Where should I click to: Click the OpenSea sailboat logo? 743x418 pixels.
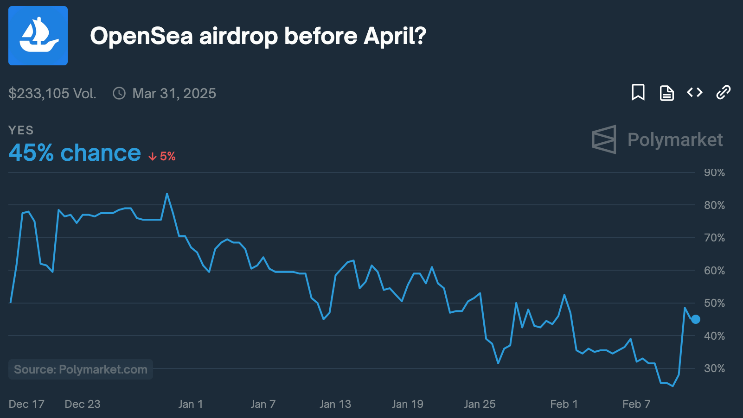[x=38, y=36]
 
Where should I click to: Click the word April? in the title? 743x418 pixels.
[x=395, y=36]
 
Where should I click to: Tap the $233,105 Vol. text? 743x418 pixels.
[x=52, y=94]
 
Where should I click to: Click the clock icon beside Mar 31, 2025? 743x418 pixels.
[x=119, y=94]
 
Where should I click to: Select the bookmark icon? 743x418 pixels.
[x=638, y=92]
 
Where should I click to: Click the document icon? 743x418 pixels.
[x=666, y=93]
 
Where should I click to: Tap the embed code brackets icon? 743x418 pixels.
[x=695, y=92]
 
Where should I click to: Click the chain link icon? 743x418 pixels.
[x=723, y=92]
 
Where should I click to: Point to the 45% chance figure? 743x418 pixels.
[x=75, y=153]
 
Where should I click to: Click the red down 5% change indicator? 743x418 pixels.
[x=162, y=157]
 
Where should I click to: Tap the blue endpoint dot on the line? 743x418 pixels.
[x=696, y=319]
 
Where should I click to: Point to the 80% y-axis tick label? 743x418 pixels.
[x=714, y=205]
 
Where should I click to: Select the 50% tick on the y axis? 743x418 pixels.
[x=714, y=303]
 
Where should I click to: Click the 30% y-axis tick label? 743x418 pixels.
[x=714, y=368]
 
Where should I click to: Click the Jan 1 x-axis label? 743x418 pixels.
[x=191, y=404]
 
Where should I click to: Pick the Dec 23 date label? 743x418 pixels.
[x=83, y=404]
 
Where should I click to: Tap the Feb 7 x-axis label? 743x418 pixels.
[x=636, y=404]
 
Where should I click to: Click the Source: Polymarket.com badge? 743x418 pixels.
[x=81, y=369]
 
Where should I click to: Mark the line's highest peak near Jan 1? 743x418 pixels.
[x=167, y=194]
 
